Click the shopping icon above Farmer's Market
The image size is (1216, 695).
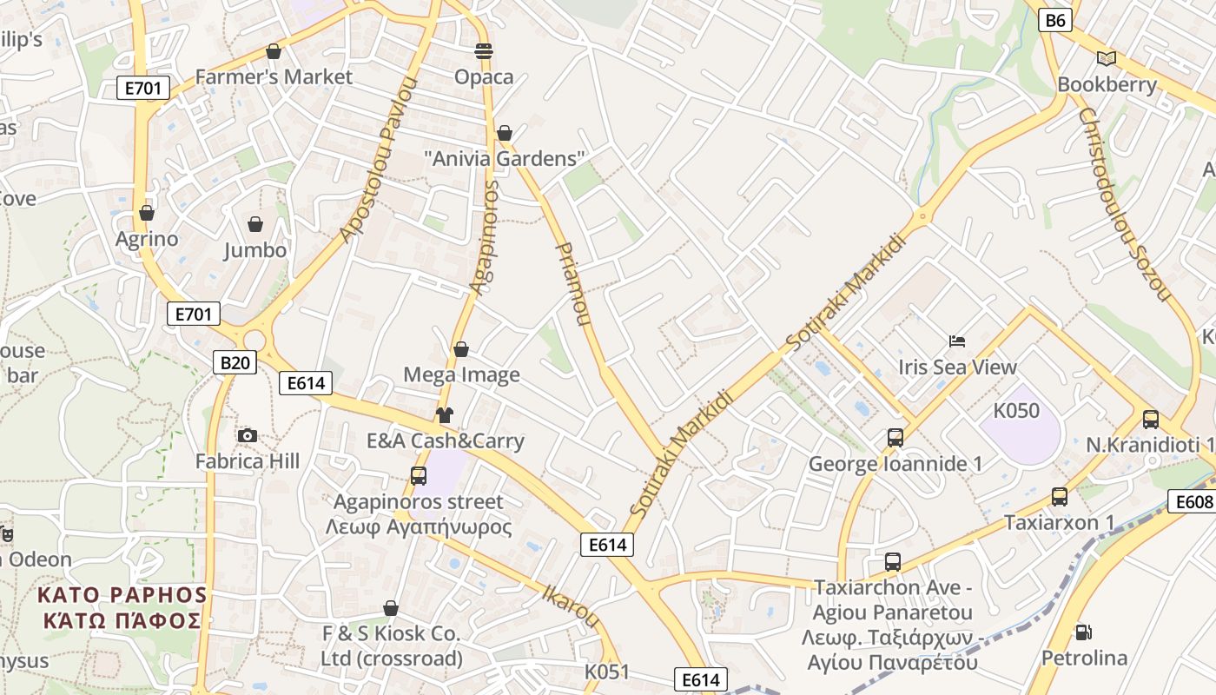tap(274, 51)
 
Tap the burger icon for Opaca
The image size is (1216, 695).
tap(484, 51)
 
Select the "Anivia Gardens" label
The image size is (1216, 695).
tap(504, 159)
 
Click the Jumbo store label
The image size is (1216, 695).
tap(254, 250)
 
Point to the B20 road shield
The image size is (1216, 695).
tap(235, 362)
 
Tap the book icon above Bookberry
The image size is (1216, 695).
tap(1106, 58)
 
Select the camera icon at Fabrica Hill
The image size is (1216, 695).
tap(248, 435)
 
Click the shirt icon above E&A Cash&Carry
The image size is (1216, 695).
tap(445, 415)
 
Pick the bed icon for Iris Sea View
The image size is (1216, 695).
tap(957, 341)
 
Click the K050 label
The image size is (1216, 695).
tap(1016, 410)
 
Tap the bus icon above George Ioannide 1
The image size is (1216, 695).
tap(895, 438)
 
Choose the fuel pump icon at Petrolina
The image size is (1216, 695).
tap(1083, 632)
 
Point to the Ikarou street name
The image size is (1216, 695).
tap(571, 606)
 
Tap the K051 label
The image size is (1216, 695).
tap(606, 672)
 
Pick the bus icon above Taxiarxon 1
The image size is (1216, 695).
tap(1059, 497)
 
